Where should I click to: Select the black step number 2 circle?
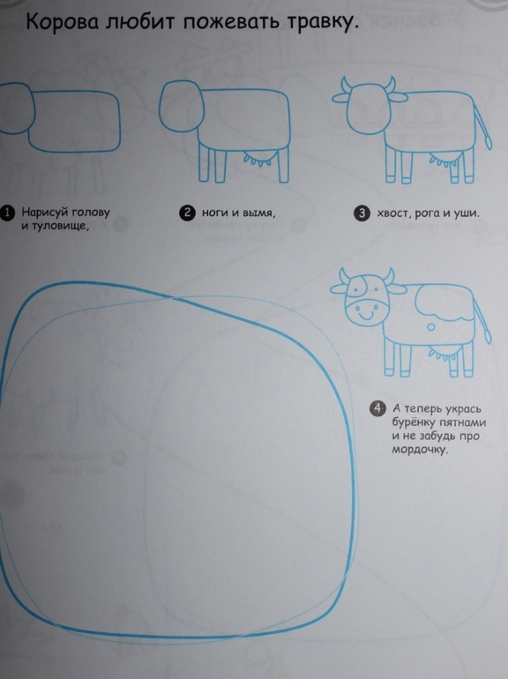click(x=187, y=213)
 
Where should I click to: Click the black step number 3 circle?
click(x=362, y=213)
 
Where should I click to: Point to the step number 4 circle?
click(x=377, y=408)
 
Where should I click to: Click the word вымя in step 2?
click(x=258, y=213)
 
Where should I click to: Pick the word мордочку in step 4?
click(x=420, y=450)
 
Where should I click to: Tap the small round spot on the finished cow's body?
click(x=430, y=327)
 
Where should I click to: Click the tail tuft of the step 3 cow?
click(x=488, y=142)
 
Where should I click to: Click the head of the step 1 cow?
click(x=14, y=108)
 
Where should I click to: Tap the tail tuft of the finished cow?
click(x=487, y=336)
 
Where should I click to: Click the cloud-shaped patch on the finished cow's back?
click(x=442, y=302)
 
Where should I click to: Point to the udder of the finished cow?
click(x=443, y=354)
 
